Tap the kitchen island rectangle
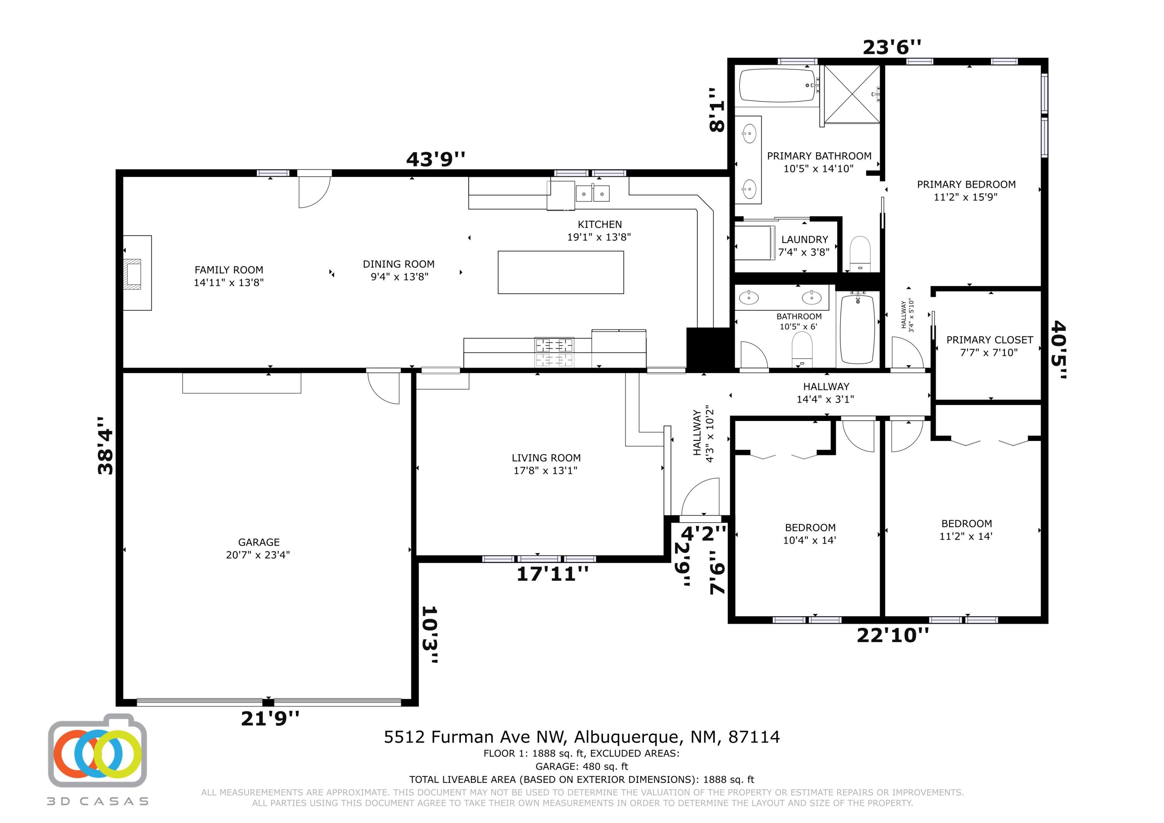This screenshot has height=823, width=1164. coord(561,272)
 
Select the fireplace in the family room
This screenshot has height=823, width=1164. coord(137,273)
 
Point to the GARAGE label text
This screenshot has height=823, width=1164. coord(258,542)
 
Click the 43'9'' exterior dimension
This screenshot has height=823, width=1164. coord(435,159)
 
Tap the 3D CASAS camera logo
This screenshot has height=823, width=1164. coord(97,751)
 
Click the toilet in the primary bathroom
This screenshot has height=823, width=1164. coord(859,253)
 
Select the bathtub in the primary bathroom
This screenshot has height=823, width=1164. coord(777,86)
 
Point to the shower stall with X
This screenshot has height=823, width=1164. coord(852,94)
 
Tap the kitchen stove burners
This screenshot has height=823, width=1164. coord(554,352)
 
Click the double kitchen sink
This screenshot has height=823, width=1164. coord(592,194)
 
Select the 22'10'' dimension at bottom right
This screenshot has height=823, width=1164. coord(893,635)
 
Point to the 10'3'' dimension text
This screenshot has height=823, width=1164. coord(430,635)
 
